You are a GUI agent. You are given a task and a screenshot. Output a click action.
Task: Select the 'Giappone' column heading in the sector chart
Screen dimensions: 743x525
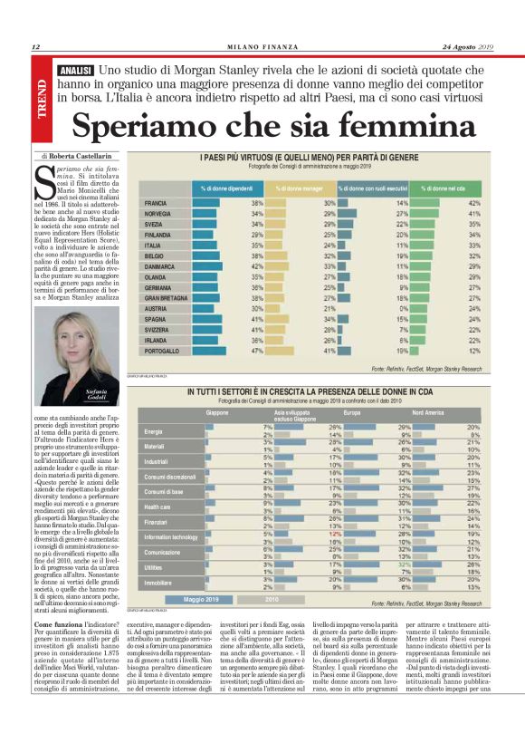coord(216,412)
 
